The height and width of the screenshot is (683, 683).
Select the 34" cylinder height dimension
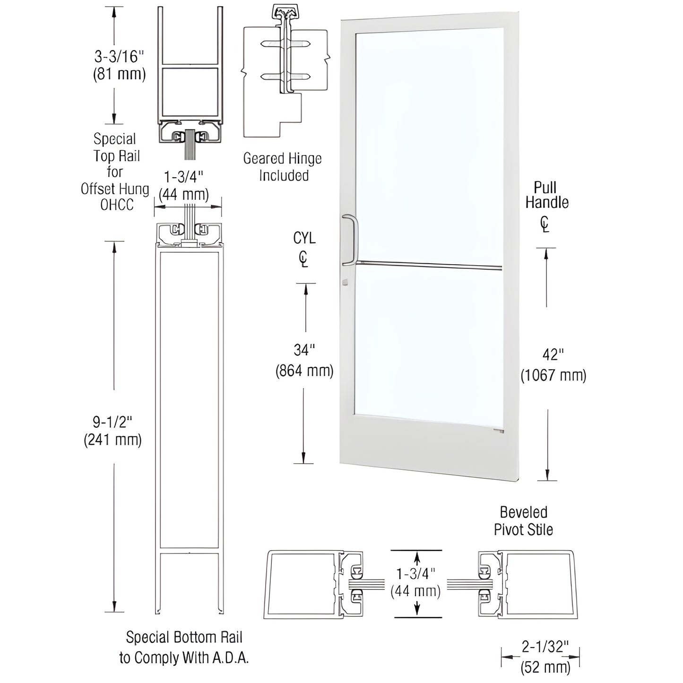pos(304,350)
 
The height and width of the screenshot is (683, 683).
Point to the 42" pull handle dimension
pos(553,354)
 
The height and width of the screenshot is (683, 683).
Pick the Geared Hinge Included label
pos(283,167)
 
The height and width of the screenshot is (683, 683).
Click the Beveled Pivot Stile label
pos(523,521)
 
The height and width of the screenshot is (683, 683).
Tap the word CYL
pos(304,238)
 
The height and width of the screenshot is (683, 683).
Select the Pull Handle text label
pos(546,195)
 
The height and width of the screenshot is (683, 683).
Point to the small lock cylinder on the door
pos(345,283)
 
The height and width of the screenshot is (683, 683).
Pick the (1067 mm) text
pos(553,376)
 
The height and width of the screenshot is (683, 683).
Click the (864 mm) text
pos(304,371)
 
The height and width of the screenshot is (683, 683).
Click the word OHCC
pos(117,205)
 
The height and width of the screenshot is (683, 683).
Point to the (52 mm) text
pos(545,667)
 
